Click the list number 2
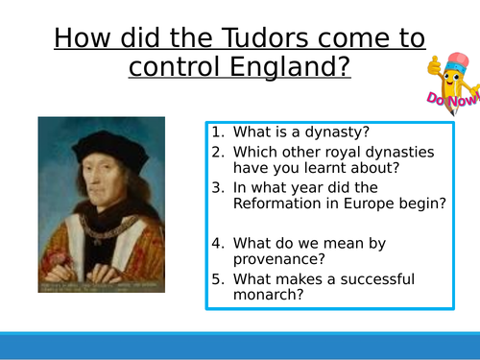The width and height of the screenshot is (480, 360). tap(218, 151)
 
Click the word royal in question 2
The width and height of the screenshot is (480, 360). tap(353, 151)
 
